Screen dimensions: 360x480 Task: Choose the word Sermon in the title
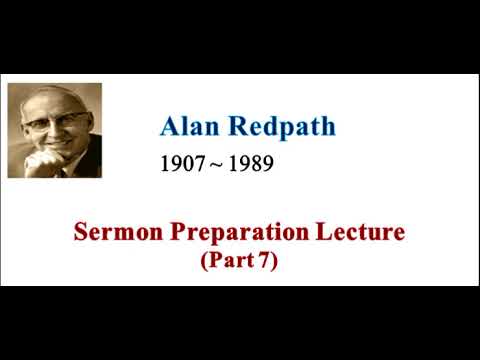pos(111,234)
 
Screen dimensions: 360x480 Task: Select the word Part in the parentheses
pos(236,261)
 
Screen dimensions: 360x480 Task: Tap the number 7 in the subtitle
pos(268,261)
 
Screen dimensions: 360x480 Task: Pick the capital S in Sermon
pos(81,234)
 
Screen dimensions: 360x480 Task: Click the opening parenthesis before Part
pos(206,262)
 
